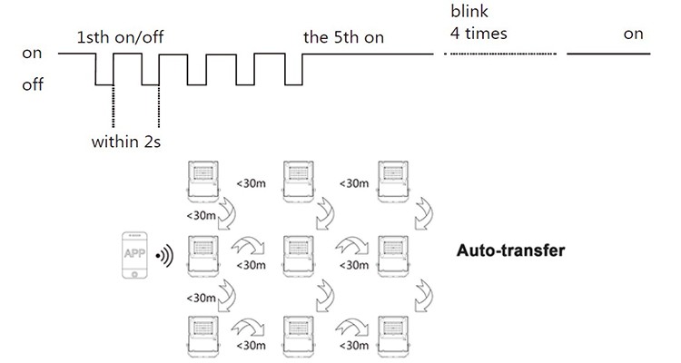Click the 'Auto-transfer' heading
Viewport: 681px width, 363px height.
click(x=510, y=250)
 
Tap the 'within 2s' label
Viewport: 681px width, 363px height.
click(x=126, y=142)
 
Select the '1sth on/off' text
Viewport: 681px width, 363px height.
click(x=120, y=37)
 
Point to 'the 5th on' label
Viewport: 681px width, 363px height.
click(x=343, y=37)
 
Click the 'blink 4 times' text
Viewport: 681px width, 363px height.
click(x=479, y=22)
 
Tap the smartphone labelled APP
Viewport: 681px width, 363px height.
click(x=134, y=255)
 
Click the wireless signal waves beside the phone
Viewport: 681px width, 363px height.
click(x=164, y=255)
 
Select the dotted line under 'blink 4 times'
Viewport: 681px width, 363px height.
click(x=500, y=54)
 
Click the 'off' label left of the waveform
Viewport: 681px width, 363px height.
click(x=33, y=84)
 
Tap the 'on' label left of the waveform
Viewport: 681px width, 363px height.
click(x=32, y=54)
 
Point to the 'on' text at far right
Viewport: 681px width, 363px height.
click(x=633, y=34)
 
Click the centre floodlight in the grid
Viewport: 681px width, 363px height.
click(x=299, y=256)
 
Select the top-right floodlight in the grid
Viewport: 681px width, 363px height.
click(x=393, y=181)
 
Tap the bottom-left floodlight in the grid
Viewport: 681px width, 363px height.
click(x=203, y=337)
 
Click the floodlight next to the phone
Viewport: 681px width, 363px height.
click(x=203, y=256)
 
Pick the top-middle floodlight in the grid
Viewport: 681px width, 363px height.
click(x=299, y=181)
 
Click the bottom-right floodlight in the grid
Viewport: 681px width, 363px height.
click(x=393, y=337)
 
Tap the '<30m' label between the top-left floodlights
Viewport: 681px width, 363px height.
click(x=251, y=183)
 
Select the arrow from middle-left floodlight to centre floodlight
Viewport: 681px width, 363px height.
click(x=248, y=245)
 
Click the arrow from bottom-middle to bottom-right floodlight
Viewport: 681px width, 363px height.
click(x=351, y=327)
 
